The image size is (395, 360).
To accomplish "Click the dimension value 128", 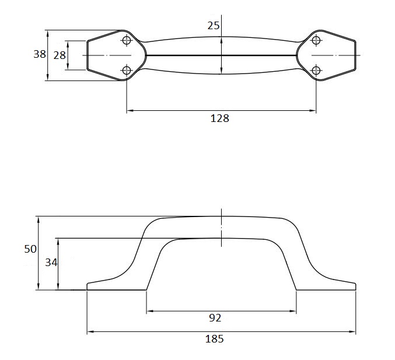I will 219,118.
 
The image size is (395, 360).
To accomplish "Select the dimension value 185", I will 215,339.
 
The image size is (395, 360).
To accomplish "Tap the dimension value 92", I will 215,318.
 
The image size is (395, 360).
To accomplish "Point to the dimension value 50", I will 30,249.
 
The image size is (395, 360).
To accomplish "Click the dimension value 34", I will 51,263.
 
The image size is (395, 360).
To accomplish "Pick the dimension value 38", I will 39,54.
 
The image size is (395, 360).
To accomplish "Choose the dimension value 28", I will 59,56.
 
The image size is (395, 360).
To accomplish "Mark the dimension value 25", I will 214,25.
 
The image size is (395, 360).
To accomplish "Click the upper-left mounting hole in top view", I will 127,40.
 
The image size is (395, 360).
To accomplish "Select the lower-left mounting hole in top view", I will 127,71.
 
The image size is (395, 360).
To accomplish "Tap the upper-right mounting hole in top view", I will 316,40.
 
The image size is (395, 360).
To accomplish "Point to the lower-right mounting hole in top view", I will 316,71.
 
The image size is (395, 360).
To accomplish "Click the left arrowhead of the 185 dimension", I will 90,332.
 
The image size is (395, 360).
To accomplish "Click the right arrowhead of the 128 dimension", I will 313,110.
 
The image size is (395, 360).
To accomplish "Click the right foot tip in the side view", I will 355,286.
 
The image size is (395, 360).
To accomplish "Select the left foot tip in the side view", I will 88,286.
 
